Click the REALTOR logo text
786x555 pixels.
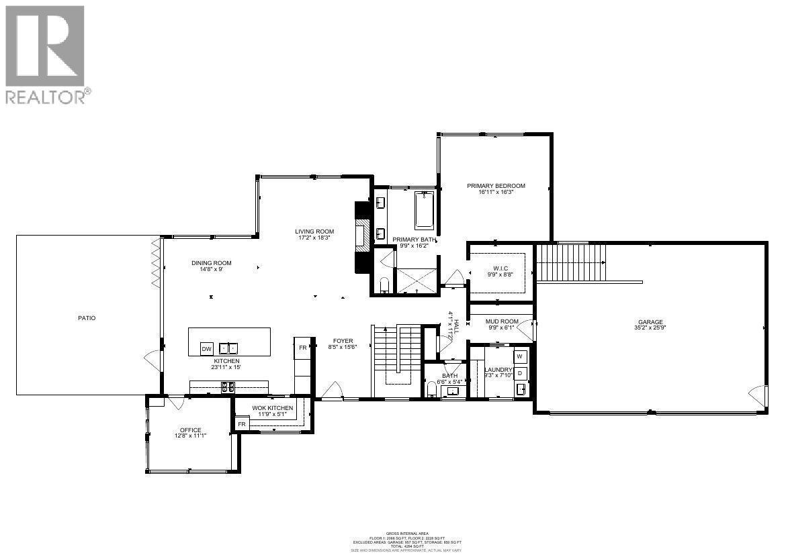[46, 97]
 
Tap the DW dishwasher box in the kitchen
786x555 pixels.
[207, 348]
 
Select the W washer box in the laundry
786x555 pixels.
[520, 356]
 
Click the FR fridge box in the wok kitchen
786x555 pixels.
[241, 425]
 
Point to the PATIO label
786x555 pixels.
[86, 318]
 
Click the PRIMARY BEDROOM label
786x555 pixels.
[496, 186]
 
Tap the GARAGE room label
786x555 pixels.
[651, 322]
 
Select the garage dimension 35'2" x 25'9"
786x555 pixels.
[651, 329]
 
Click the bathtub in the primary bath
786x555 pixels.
[425, 210]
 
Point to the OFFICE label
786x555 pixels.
[190, 430]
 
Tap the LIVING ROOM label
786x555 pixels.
[315, 232]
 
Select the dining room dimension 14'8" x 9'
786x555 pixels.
[211, 270]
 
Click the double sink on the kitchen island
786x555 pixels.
[228, 348]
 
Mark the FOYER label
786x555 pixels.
[343, 341]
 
